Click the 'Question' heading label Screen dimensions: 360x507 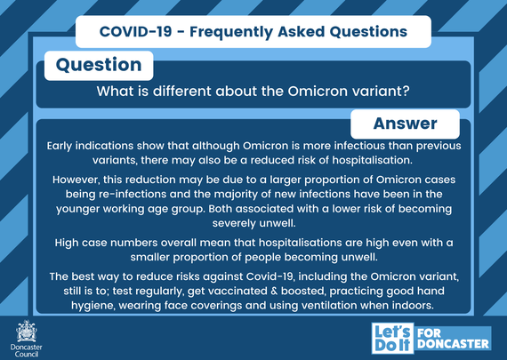(98, 65)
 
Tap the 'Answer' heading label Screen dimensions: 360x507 (405, 123)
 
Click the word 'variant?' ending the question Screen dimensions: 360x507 (380, 91)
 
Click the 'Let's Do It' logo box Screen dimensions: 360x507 (391, 338)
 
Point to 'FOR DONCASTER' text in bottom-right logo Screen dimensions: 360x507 (451, 338)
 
